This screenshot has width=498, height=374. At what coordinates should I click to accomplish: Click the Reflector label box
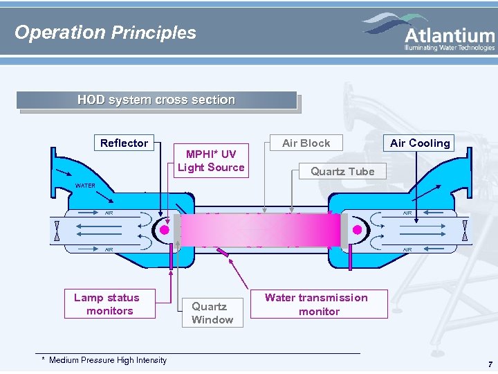click(x=124, y=143)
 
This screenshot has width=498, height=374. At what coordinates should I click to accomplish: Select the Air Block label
click(x=306, y=143)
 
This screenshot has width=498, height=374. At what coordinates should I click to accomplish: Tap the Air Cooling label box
click(x=420, y=143)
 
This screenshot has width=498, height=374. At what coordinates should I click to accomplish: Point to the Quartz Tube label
click(x=342, y=171)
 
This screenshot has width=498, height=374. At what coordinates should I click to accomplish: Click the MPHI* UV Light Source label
click(x=211, y=160)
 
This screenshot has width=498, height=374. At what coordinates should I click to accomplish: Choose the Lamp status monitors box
click(x=107, y=304)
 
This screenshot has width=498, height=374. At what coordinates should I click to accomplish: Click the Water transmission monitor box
click(x=316, y=304)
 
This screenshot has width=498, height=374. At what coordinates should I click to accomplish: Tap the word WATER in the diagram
click(x=85, y=186)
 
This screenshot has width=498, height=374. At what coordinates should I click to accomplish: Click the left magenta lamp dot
click(x=165, y=230)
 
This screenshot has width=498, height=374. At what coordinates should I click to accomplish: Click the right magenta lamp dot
click(x=357, y=230)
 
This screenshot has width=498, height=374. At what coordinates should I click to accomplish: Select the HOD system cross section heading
click(x=156, y=100)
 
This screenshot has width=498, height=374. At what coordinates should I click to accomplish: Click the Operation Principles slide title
click(x=105, y=33)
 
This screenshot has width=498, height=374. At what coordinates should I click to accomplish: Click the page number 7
click(x=490, y=364)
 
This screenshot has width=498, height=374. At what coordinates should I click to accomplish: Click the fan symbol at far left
click(x=56, y=230)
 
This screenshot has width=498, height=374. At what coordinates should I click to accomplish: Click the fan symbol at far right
click(x=465, y=230)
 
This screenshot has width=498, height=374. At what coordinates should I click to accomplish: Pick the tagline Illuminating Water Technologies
click(x=450, y=48)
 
